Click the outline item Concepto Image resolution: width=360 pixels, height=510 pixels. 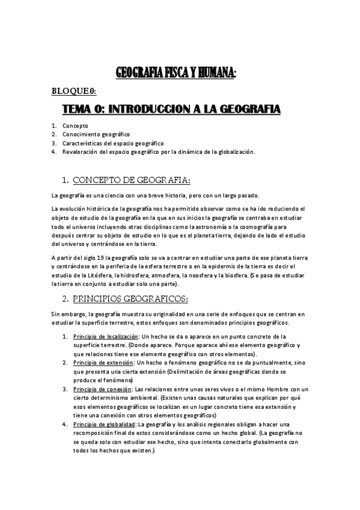click(x=75, y=126)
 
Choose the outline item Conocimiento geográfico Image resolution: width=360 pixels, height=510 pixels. click(x=96, y=134)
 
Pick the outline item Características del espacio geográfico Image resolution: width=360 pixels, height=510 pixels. click(x=113, y=143)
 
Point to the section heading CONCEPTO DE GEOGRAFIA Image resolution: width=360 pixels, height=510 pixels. click(x=132, y=179)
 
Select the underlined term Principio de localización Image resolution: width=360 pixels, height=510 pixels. click(x=106, y=336)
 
